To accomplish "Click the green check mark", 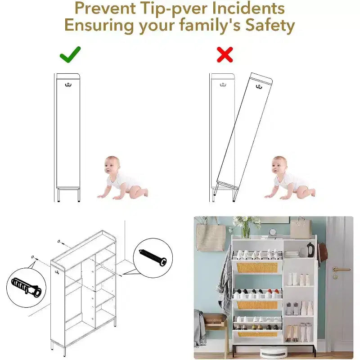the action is [x=70, y=55].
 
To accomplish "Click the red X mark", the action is [x=225, y=54].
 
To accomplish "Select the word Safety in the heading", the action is [x=270, y=25].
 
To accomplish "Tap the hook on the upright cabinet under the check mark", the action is [x=68, y=85].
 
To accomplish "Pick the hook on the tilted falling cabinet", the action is [x=259, y=86].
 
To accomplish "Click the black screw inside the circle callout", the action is [x=153, y=257].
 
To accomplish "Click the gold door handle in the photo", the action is [x=341, y=269].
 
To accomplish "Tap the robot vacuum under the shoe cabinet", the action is [x=274, y=352].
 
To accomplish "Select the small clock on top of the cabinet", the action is [x=273, y=232].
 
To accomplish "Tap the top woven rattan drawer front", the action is [x=257, y=268].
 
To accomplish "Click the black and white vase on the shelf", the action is [x=310, y=250].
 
